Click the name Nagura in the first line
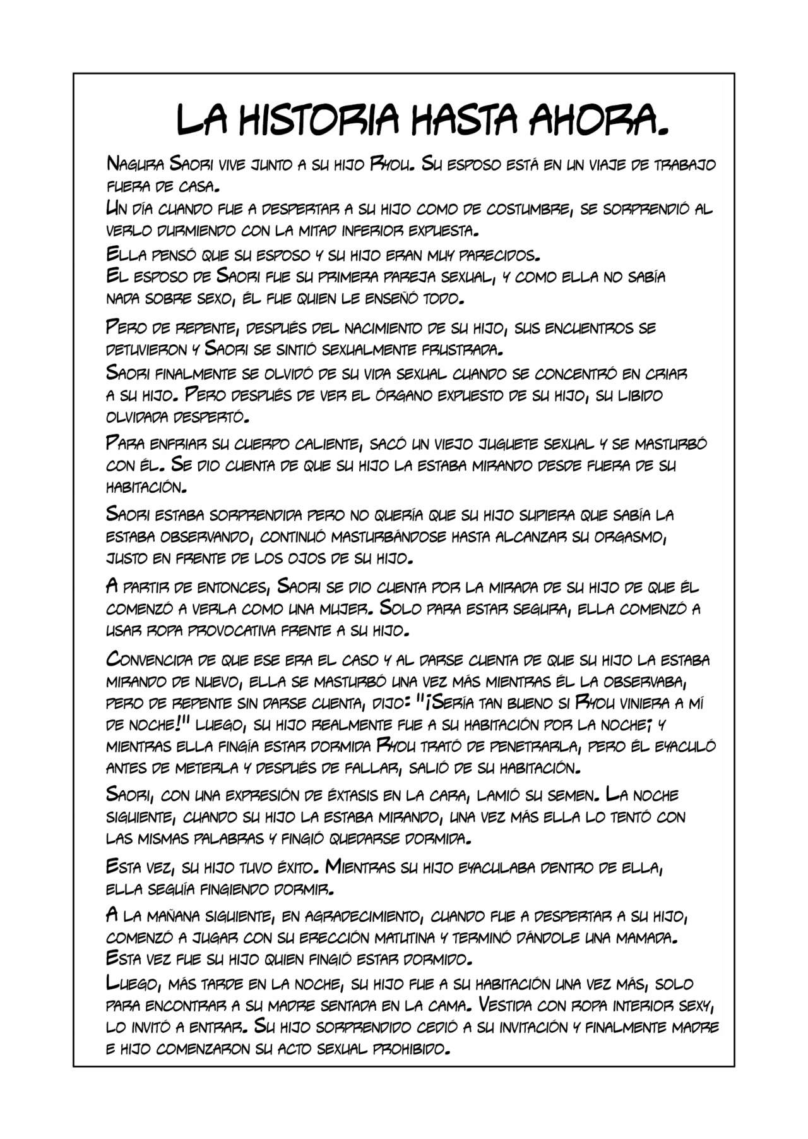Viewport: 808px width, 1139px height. click(x=135, y=165)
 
